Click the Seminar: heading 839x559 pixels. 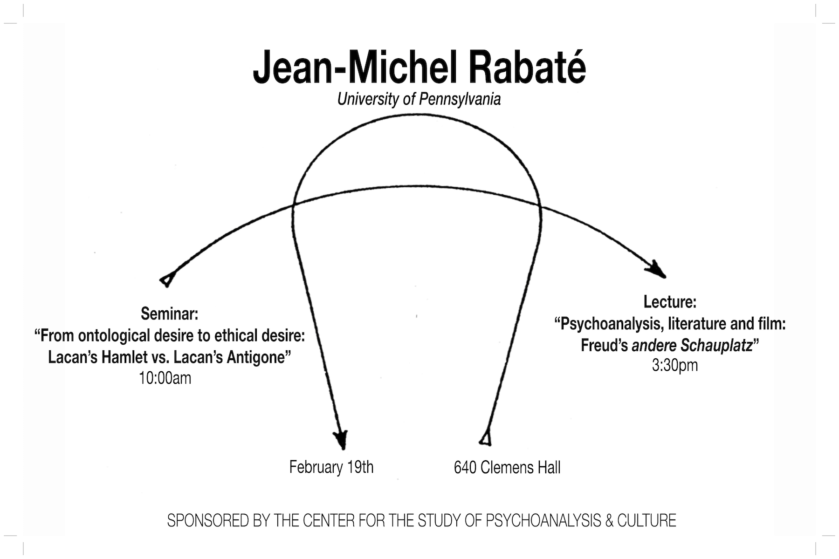coord(169,314)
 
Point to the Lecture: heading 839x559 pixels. coord(670,302)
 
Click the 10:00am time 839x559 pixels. coord(165,378)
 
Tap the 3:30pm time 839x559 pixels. coord(674,365)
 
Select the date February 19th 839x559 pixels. coord(331,467)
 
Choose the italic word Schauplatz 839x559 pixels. coord(716,345)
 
